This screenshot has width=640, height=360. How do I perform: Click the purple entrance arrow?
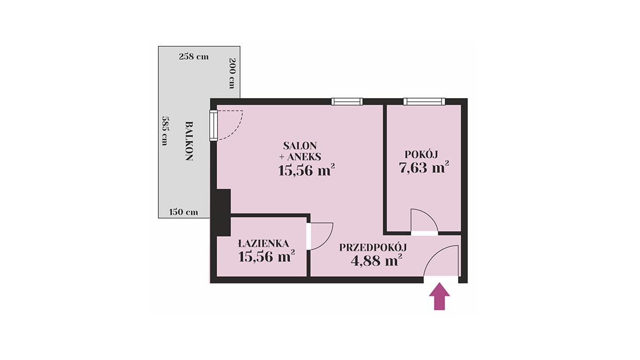(x=439, y=297)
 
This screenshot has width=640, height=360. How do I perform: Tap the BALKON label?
(x=189, y=141)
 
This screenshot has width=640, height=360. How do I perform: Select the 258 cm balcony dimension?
(x=194, y=57)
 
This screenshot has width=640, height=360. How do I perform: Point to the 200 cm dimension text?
(x=232, y=73)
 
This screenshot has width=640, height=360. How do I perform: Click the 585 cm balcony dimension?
(x=164, y=130)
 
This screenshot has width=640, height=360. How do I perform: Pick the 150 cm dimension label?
(x=183, y=212)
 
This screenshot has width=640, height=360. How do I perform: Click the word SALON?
(x=300, y=146)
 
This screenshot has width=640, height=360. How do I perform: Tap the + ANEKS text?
(x=300, y=157)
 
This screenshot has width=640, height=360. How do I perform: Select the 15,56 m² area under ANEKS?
(x=306, y=171)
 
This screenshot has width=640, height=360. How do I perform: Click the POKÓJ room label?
(x=421, y=154)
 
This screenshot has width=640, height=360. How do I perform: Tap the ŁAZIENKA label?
(x=263, y=244)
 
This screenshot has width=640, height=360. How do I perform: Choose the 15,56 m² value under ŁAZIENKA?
(x=267, y=257)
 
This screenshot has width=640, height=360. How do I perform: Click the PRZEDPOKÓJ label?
(x=373, y=247)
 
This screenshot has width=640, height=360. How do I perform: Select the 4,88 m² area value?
(x=377, y=261)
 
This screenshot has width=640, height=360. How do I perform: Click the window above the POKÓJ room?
(x=424, y=101)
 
